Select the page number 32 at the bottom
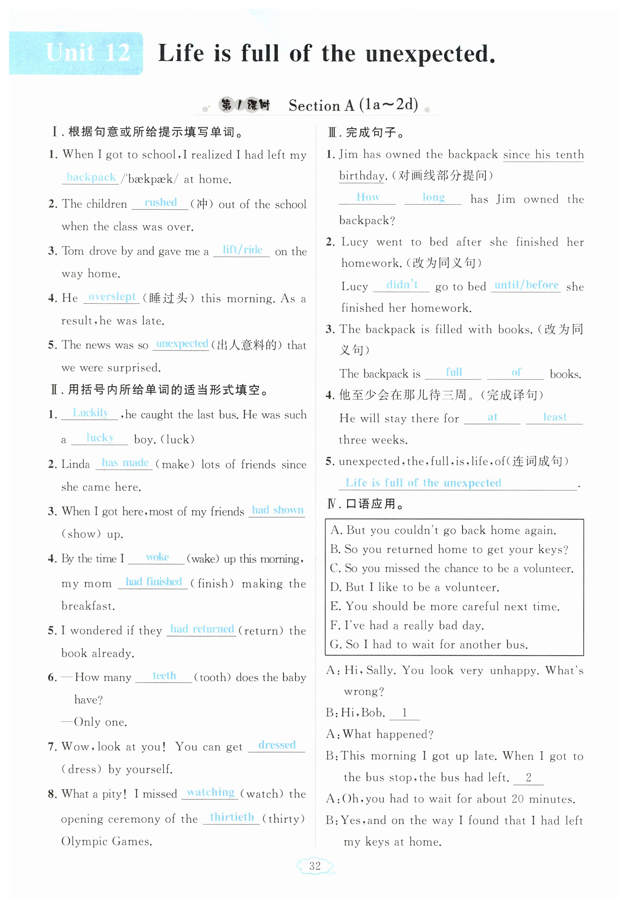[315, 865]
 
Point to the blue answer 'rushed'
[160, 202]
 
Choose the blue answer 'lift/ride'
[242, 249]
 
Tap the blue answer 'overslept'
[112, 296]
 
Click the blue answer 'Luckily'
[91, 412]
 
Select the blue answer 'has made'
[125, 462]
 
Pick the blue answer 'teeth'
[164, 675]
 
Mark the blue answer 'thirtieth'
[232, 817]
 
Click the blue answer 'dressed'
[277, 744]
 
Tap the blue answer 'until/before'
[526, 284]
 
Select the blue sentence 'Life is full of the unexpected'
[423, 482]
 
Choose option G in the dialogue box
[429, 644]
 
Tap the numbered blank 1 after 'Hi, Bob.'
[404, 713]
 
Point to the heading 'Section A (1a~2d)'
[353, 105]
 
